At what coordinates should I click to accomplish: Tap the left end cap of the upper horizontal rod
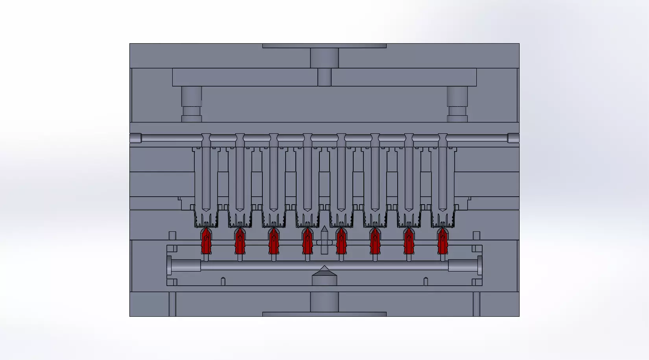click(x=135, y=138)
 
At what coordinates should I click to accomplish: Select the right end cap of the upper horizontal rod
click(x=513, y=138)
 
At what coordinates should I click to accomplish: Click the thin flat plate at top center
click(x=324, y=46)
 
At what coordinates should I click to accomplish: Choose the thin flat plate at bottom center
click(x=324, y=314)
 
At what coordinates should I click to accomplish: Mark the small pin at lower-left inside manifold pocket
click(x=223, y=281)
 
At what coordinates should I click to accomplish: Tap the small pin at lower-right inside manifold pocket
click(x=426, y=281)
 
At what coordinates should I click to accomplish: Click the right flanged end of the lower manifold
click(x=479, y=266)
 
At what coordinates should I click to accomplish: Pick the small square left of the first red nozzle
click(x=172, y=235)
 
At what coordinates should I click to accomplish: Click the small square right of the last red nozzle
click(x=476, y=235)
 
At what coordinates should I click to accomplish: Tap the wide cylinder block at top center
click(x=324, y=58)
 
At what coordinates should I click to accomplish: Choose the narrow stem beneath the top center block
click(x=324, y=77)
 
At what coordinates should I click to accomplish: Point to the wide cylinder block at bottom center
click(x=324, y=302)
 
